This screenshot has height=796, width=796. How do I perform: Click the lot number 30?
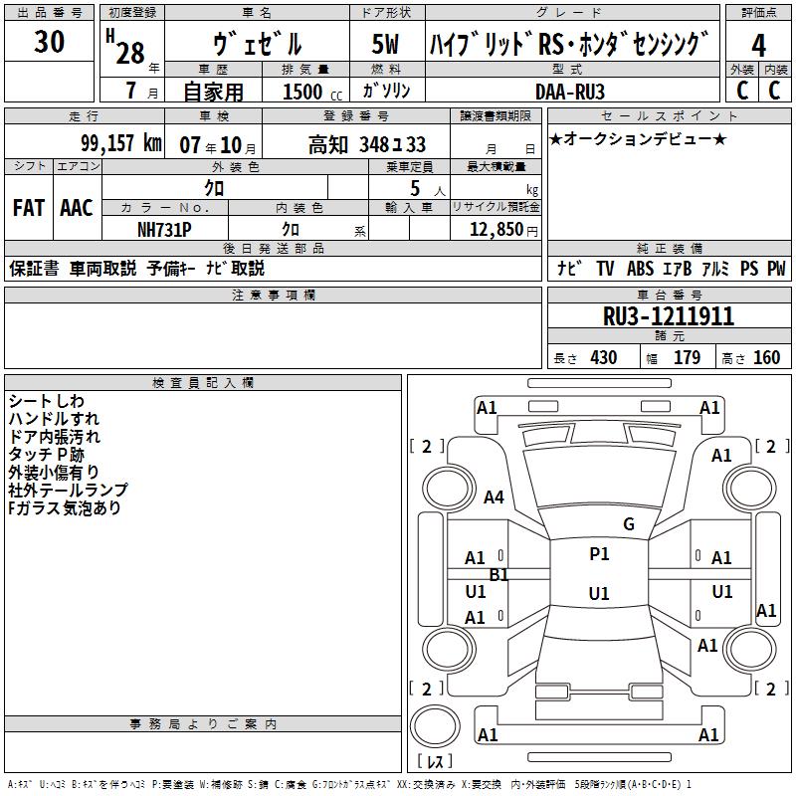click(x=49, y=43)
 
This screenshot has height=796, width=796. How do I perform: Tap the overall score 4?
click(x=758, y=45)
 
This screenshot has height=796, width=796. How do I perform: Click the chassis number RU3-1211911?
click(x=669, y=316)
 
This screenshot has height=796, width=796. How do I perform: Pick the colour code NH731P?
click(x=164, y=229)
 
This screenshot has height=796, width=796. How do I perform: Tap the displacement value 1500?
click(x=302, y=92)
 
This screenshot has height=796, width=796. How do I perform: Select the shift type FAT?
click(x=28, y=208)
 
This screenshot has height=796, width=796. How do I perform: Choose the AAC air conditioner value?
click(x=76, y=208)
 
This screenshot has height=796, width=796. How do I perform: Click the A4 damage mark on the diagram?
click(x=494, y=497)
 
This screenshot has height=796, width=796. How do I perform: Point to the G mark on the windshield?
click(x=629, y=524)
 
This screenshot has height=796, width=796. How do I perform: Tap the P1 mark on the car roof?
click(x=599, y=554)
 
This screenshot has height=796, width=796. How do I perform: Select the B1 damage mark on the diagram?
click(x=499, y=575)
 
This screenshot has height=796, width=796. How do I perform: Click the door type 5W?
click(x=385, y=45)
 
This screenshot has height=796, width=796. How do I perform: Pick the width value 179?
click(x=688, y=358)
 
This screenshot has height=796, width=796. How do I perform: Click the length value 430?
click(x=603, y=358)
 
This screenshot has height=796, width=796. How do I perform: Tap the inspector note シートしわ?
click(x=47, y=401)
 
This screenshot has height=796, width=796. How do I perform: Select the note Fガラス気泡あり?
click(x=65, y=508)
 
